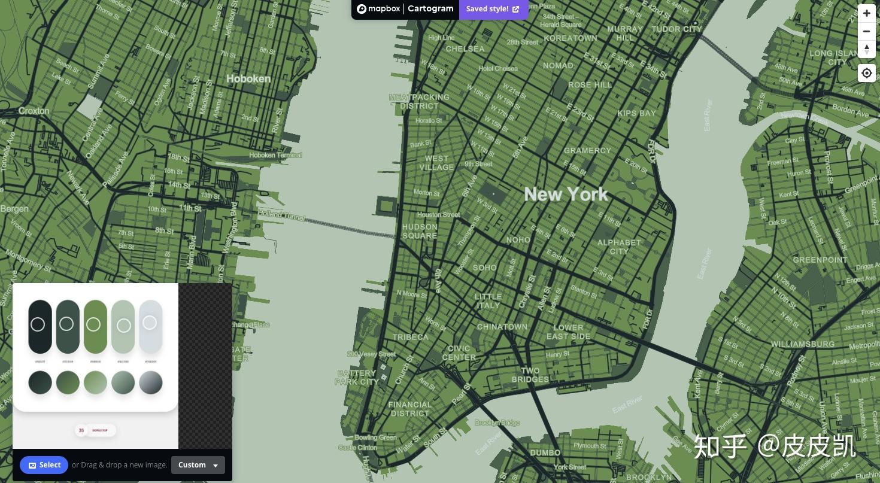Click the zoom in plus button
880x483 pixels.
pos(866,13)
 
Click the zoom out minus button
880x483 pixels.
pos(866,31)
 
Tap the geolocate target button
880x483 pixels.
pos(866,74)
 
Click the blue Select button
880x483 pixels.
pos(44,465)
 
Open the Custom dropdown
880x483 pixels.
pos(198,465)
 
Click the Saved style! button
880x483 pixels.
pos(493,9)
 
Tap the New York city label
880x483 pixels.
pos(566,195)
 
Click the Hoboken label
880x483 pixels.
pos(248,78)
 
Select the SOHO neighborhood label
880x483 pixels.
pos(484,268)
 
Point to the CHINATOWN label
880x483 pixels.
pos(502,327)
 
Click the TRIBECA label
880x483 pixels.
pos(410,337)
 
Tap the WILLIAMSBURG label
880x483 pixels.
pos(802,344)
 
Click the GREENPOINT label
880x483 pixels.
pos(820,260)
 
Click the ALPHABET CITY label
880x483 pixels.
pos(619,247)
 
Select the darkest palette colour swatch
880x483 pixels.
pos(40,326)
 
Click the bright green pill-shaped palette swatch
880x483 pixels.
pos(95,326)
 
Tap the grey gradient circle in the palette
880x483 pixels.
pos(151,382)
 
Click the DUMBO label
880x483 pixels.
pos(545,452)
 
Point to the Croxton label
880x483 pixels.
pos(34,111)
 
